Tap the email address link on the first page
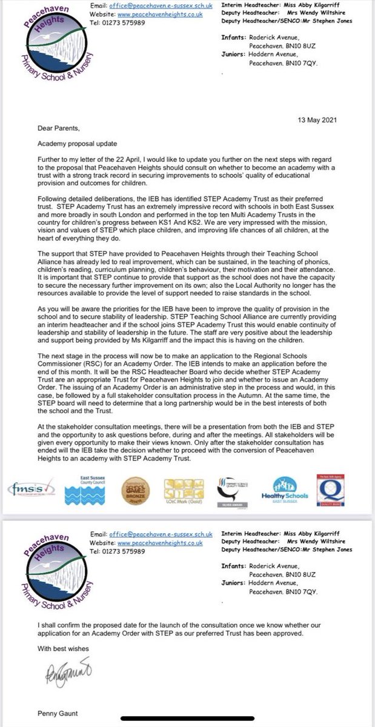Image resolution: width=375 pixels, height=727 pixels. coord(160,7)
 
